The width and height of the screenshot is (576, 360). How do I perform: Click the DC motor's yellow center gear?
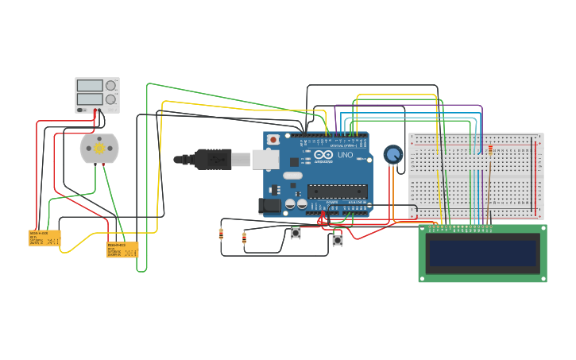99,149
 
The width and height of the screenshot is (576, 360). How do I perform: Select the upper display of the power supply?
90,85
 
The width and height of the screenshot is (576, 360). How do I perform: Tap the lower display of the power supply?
90,100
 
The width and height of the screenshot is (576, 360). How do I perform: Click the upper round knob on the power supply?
111,85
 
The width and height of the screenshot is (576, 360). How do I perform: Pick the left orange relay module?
44,238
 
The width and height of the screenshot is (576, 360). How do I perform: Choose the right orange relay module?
122,250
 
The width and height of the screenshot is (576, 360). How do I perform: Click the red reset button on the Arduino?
273,140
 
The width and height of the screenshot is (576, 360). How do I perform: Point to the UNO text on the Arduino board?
345,155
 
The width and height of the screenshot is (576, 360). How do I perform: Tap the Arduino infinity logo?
323,155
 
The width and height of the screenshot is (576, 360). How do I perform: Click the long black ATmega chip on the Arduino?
338,191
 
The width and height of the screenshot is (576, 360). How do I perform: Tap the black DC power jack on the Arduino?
269,205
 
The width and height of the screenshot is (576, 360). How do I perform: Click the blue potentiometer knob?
393,154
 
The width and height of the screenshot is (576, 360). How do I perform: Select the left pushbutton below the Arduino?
296,233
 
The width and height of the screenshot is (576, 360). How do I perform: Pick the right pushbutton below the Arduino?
337,238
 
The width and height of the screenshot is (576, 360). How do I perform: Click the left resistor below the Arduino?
221,234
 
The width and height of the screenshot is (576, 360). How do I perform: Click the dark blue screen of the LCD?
482,254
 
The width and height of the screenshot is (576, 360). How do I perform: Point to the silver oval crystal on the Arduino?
292,176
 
